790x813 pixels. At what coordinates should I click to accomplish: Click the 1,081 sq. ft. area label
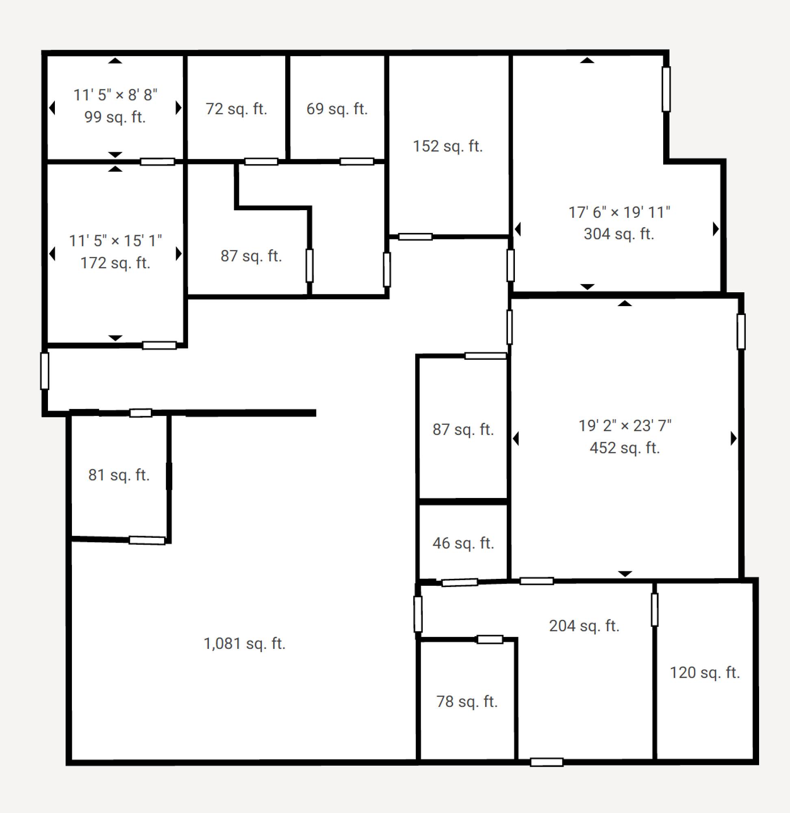click(x=244, y=643)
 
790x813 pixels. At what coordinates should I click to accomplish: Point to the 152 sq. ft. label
click(x=448, y=146)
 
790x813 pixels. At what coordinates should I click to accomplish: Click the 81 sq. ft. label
click(x=119, y=475)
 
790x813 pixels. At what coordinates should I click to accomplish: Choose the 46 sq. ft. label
click(x=463, y=543)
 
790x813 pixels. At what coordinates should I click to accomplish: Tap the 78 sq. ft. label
click(x=467, y=701)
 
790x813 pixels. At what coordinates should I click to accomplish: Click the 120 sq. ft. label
click(x=705, y=672)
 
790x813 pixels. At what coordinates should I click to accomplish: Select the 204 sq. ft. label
click(x=584, y=626)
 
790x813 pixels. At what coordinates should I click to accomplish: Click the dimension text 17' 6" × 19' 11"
click(x=619, y=212)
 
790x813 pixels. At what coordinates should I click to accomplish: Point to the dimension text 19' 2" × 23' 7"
click(x=625, y=425)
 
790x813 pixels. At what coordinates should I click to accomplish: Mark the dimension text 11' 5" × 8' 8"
click(x=115, y=95)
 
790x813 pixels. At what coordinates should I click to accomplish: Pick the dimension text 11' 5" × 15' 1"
click(x=115, y=240)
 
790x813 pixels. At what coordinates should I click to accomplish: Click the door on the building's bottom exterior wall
click(x=547, y=762)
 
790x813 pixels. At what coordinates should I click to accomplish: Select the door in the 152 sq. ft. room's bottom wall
click(x=415, y=237)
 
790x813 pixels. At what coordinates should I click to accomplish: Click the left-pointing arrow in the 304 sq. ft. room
click(x=517, y=229)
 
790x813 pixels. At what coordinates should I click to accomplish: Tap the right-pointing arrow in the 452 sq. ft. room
click(x=734, y=438)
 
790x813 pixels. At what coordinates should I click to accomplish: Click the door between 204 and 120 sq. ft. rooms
click(x=655, y=610)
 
